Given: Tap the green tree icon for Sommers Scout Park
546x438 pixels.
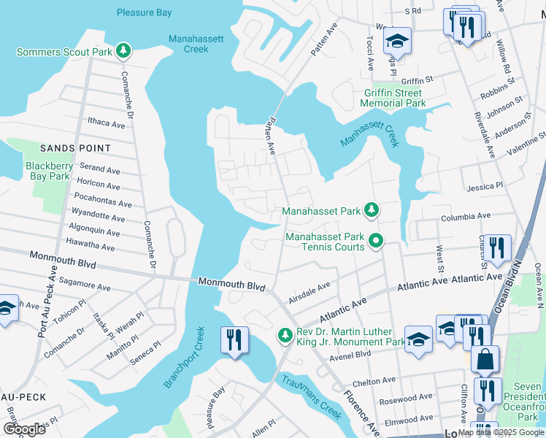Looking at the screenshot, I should click(x=125, y=50).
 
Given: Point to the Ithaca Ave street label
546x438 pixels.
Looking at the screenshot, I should click(x=106, y=124).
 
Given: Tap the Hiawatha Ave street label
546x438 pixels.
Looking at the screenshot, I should click(x=91, y=247).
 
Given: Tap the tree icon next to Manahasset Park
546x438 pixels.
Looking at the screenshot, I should click(x=372, y=210).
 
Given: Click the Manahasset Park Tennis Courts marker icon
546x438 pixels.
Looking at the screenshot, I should click(x=376, y=239).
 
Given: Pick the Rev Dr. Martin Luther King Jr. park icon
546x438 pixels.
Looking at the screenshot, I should click(x=284, y=336).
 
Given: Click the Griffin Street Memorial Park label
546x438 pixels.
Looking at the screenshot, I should click(x=395, y=98).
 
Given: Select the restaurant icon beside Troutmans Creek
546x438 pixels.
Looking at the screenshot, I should click(x=235, y=340).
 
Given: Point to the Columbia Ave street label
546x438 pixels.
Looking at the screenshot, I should click(x=466, y=217).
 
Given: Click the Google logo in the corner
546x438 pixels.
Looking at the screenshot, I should click(x=24, y=429).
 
